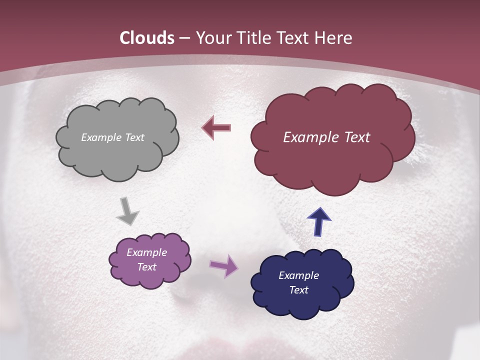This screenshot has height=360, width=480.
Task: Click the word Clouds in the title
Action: click(x=147, y=38)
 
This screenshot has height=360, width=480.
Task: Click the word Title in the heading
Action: click(x=255, y=38)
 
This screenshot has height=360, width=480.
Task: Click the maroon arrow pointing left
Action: click(x=216, y=127)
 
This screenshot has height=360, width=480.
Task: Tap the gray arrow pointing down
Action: click(x=127, y=210)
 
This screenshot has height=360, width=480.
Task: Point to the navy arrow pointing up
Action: click(x=318, y=221)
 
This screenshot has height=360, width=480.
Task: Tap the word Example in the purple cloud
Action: click(x=146, y=252)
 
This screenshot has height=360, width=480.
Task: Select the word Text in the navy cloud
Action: click(x=298, y=290)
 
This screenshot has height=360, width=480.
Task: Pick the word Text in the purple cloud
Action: click(x=146, y=267)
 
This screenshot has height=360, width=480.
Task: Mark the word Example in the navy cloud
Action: click(x=298, y=275)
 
